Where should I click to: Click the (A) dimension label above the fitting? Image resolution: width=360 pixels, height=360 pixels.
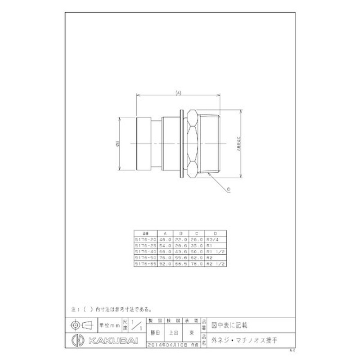tap(178, 93)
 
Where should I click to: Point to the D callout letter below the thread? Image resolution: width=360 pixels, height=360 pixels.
tap(229, 190)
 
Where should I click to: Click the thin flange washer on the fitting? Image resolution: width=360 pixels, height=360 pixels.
tap(181, 143)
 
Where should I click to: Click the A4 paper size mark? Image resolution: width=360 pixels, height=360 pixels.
tap(291, 349)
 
